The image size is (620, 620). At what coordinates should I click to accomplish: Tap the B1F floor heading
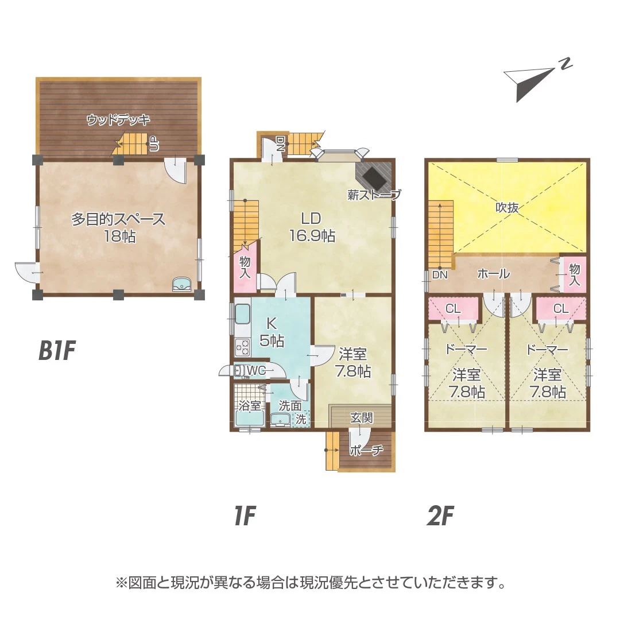56,350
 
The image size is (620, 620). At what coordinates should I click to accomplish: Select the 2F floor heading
440,516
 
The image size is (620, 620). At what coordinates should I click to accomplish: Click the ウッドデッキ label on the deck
118,119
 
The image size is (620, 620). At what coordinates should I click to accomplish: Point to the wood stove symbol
374,177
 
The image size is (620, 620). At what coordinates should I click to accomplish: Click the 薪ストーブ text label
374,194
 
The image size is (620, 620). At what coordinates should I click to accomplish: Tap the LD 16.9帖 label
312,227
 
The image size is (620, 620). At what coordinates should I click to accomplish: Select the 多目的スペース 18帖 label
118,227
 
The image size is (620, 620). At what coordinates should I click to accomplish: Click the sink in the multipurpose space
182,284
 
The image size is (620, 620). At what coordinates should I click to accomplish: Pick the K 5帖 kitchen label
272,332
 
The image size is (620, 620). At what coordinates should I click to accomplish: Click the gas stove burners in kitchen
242,347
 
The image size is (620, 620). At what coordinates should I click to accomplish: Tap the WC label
256,370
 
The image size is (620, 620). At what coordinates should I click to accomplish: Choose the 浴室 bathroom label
250,406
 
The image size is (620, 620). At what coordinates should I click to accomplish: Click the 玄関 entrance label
361,417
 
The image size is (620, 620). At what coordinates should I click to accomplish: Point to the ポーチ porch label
366,450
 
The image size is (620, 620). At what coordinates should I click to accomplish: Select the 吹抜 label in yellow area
507,207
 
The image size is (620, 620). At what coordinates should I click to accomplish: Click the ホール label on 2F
494,273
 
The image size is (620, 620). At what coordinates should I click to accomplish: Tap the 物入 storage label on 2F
574,274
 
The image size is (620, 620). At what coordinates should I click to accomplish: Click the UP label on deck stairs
154,144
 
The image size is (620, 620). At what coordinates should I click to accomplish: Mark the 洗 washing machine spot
301,418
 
